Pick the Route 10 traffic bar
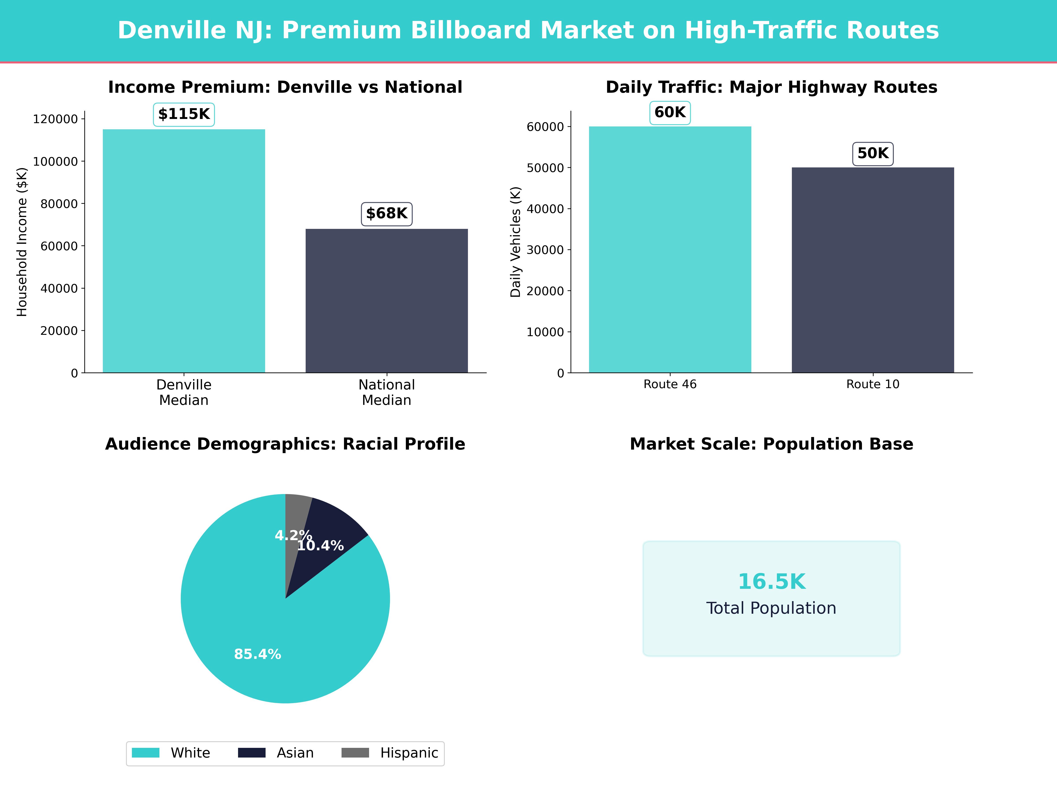point(872,270)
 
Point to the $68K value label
point(387,214)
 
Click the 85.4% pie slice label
point(258,654)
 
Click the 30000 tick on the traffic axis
point(545,250)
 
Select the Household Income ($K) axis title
point(22,242)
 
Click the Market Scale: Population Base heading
point(771,444)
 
